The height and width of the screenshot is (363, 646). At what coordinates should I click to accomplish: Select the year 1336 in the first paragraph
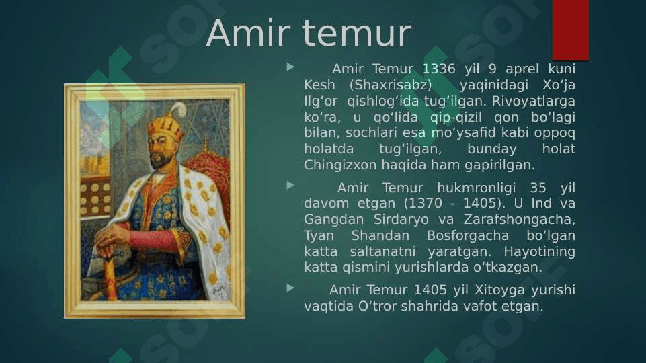click(439, 69)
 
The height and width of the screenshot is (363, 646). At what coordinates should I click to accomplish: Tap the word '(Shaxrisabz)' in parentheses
click(391, 85)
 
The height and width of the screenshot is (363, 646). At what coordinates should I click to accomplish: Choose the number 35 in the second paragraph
click(538, 188)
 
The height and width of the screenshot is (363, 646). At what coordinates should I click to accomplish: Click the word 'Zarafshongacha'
click(519, 220)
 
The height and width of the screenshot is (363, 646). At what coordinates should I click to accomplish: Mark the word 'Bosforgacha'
click(468, 236)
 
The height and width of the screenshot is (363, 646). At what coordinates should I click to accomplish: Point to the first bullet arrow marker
click(290, 67)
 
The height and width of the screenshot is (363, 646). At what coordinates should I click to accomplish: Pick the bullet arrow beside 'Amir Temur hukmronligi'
click(290, 186)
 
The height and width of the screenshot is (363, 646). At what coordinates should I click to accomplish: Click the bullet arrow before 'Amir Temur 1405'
click(290, 288)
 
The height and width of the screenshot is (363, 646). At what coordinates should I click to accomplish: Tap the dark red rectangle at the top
click(571, 30)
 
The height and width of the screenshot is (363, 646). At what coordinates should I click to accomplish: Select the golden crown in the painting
click(166, 127)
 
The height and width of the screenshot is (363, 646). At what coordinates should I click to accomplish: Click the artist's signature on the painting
click(220, 290)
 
